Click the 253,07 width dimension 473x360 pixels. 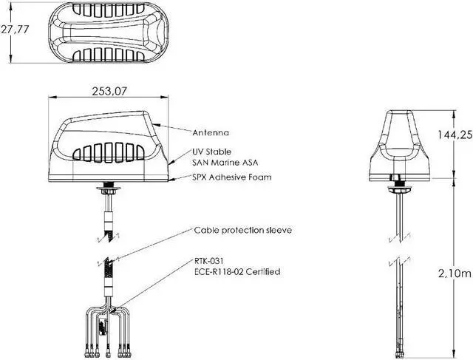(110, 91)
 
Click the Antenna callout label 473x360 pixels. (211, 133)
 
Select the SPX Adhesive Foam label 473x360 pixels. (231, 177)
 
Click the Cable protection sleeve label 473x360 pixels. (243, 230)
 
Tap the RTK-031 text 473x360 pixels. (210, 262)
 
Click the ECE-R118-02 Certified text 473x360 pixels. (237, 272)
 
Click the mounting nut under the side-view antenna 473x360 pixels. (109, 190)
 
